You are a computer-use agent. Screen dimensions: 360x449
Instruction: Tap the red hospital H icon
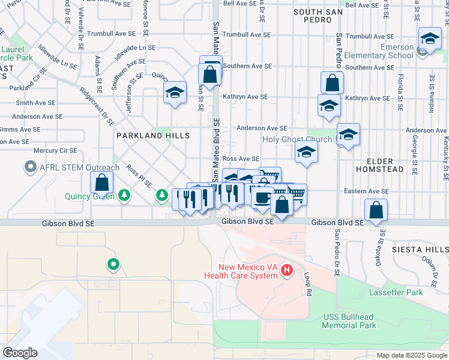click(x=287, y=271)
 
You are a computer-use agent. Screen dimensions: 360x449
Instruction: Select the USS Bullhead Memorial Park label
click(x=349, y=321)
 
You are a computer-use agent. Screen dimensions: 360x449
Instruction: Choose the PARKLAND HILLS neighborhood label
click(x=153, y=136)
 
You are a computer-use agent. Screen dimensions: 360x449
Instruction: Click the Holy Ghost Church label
click(x=298, y=140)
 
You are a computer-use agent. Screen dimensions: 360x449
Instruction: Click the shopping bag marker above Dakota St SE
click(x=376, y=210)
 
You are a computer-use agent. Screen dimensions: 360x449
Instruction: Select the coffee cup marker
click(x=262, y=197)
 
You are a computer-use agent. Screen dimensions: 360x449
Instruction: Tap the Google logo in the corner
click(x=20, y=352)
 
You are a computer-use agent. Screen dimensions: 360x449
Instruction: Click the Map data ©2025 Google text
click(x=412, y=355)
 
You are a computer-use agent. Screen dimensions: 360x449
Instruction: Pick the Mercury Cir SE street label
click(x=55, y=151)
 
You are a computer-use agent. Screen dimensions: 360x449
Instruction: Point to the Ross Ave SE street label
click(x=241, y=159)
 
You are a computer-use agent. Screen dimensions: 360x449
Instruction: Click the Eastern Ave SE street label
click(x=367, y=191)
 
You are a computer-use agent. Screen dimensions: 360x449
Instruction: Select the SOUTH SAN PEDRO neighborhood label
click(x=312, y=16)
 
